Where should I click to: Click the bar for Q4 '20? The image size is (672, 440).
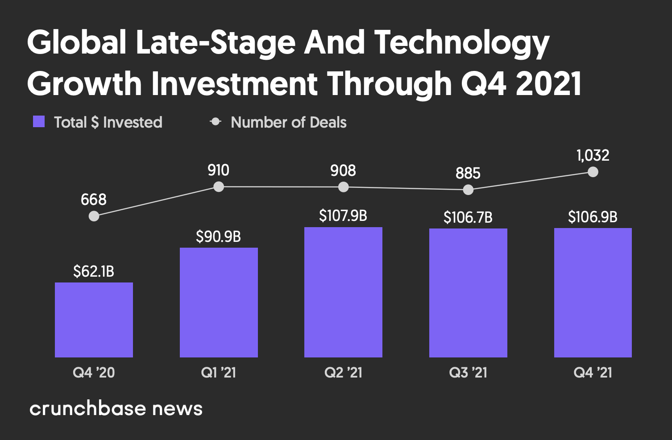point(94,320)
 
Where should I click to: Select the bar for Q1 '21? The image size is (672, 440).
point(219,302)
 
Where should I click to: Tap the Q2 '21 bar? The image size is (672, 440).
point(343,292)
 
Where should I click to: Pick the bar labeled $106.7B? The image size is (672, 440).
point(468,293)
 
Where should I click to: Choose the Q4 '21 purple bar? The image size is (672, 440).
point(593,293)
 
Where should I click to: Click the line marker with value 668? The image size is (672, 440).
point(94,216)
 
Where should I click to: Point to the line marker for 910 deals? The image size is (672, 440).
point(219,187)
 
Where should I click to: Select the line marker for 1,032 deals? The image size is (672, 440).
point(593,172)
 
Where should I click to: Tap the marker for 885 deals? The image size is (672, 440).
point(468,190)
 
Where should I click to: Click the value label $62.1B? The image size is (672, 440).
point(94,271)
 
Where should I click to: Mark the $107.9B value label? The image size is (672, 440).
point(343,216)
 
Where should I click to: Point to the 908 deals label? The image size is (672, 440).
point(343,170)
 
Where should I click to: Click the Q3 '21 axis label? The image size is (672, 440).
point(468,373)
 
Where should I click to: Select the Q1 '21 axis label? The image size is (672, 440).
point(219,373)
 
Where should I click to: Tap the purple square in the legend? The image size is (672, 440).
point(39,122)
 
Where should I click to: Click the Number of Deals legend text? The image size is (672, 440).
point(288,122)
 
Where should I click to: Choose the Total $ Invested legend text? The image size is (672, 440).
point(108,122)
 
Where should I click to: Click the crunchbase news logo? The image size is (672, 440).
point(116,408)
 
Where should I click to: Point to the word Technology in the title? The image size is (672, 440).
point(461,43)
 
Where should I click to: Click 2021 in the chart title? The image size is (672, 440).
point(549,83)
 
